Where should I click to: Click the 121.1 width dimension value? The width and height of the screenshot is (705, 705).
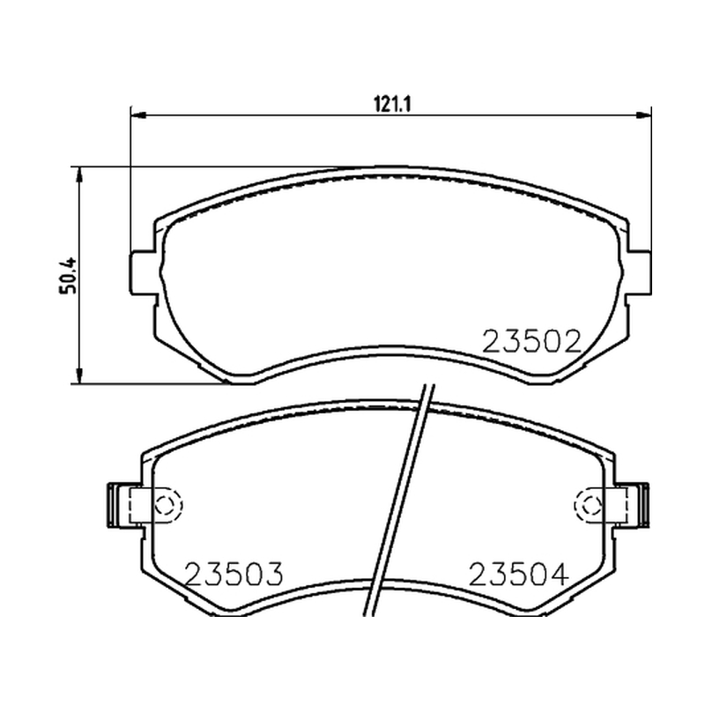392,105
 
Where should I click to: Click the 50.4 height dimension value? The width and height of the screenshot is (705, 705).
68,276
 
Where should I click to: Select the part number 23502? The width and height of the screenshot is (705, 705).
532,342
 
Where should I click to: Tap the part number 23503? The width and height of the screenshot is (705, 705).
234,575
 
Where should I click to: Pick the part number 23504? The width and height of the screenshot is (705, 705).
518,575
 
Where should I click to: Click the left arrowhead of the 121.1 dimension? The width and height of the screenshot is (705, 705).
137,115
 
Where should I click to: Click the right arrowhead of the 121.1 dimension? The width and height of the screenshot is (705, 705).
644,115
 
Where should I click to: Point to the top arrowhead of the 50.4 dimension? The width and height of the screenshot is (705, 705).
79,174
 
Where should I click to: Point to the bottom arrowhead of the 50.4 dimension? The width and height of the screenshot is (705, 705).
79,376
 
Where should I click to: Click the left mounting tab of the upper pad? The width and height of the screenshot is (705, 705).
143,273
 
